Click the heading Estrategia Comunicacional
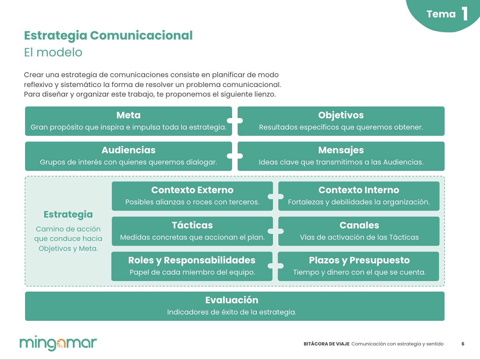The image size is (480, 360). (x=108, y=36)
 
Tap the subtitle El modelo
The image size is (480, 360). (x=53, y=52)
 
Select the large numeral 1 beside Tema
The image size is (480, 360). (x=465, y=14)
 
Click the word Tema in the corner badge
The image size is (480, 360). (x=441, y=14)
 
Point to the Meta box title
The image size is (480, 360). (x=128, y=115)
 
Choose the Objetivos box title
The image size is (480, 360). (x=341, y=115)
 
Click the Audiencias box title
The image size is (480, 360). (x=128, y=150)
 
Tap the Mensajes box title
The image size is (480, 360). (x=341, y=150)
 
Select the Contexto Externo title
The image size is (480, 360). (x=192, y=190)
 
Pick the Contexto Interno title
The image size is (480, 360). (x=359, y=190)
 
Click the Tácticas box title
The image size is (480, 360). (x=192, y=225)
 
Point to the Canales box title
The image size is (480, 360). (x=359, y=225)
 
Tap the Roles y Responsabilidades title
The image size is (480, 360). (x=192, y=260)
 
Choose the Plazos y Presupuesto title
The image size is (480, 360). (x=359, y=260)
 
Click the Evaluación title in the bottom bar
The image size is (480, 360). (x=231, y=300)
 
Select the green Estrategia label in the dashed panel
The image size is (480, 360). (x=68, y=215)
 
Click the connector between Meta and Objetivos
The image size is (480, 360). (x=235, y=121)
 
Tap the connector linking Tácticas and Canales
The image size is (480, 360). (x=276, y=231)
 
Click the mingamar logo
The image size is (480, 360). (x=58, y=343)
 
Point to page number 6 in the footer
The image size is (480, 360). (x=463, y=344)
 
